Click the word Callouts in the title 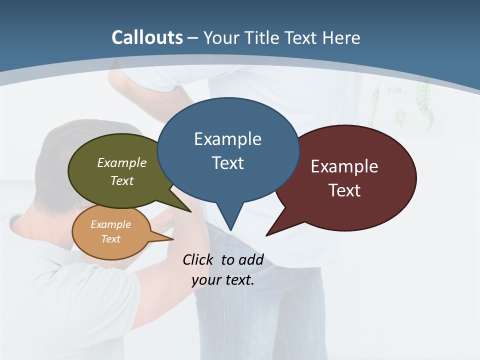(x=147, y=37)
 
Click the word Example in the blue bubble (x=227, y=139)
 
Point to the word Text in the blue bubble (x=227, y=163)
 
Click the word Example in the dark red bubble (x=344, y=166)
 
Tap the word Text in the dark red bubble (x=344, y=190)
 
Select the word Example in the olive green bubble (x=121, y=162)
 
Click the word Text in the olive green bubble (x=121, y=180)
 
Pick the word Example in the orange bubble (x=110, y=224)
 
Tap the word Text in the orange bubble (x=110, y=238)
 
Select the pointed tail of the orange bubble (x=167, y=238)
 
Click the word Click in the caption (x=198, y=259)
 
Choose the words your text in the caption (x=223, y=280)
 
